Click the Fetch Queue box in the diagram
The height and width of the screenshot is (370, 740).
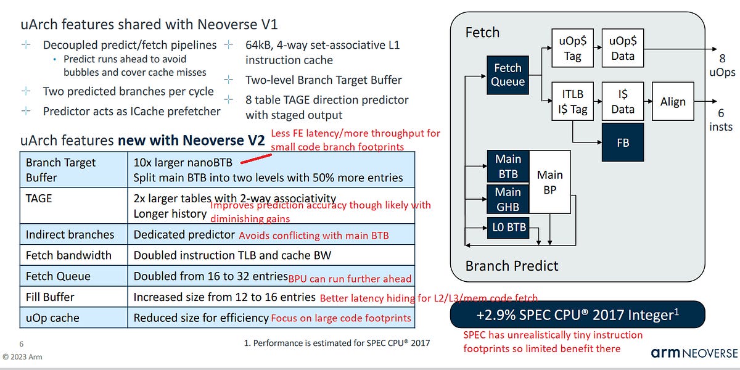(508, 75)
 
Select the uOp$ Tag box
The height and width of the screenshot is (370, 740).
(572, 48)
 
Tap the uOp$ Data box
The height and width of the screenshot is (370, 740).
(622, 48)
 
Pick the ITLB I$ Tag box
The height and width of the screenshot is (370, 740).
(572, 102)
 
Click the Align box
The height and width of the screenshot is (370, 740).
(672, 102)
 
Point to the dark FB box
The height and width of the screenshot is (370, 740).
(622, 142)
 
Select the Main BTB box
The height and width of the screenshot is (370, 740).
(508, 166)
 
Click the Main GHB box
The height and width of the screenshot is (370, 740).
(508, 199)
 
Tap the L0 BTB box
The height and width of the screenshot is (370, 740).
(508, 227)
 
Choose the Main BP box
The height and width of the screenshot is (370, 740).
(549, 183)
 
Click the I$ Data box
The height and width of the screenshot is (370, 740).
(622, 102)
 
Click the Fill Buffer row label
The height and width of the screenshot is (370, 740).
(50, 297)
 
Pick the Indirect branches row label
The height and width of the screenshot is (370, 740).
(70, 234)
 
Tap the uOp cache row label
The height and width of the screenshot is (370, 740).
(52, 318)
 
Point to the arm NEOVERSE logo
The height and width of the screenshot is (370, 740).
(694, 353)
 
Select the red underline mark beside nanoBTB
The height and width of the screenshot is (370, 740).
(254, 160)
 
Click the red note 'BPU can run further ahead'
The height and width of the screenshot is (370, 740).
(350, 278)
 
